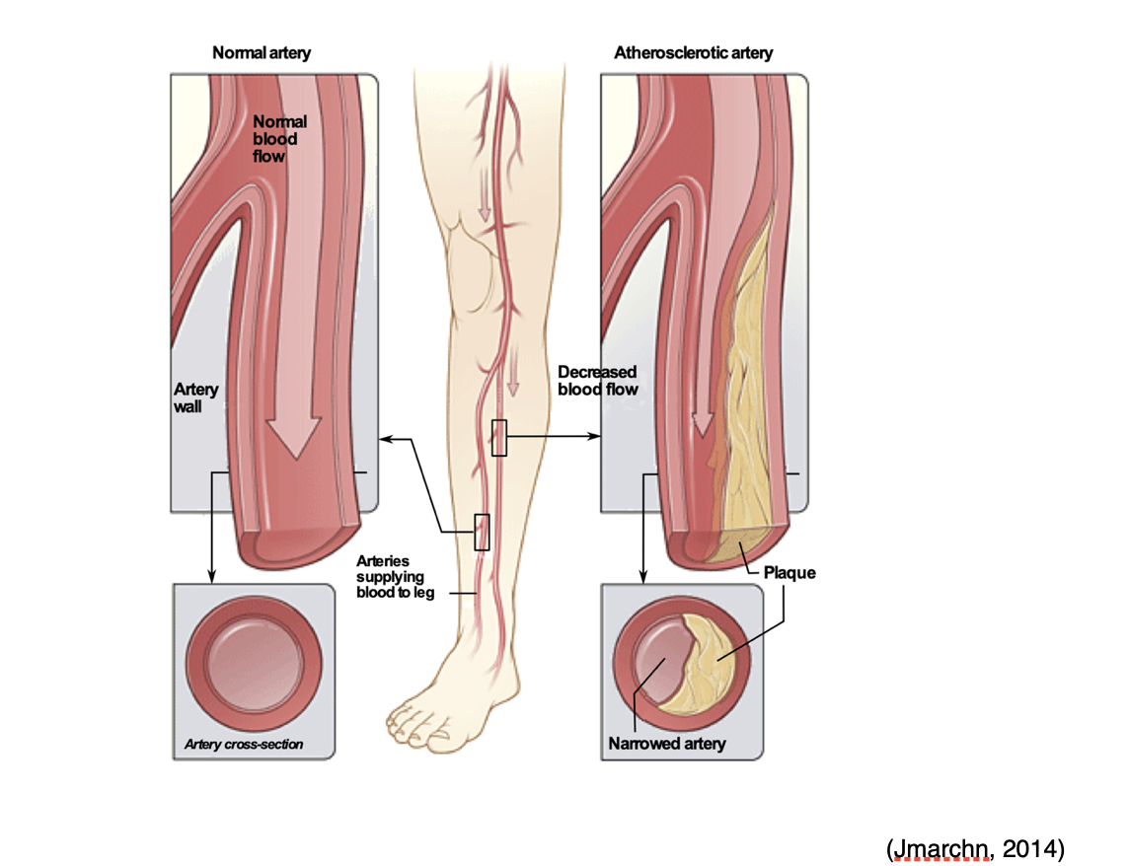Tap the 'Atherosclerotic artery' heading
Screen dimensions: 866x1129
click(694, 52)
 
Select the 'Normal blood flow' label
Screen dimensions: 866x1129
click(280, 138)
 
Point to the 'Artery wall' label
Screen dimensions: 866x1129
click(196, 397)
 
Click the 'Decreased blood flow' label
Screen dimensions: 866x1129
click(597, 380)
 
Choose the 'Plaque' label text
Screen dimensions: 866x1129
click(790, 572)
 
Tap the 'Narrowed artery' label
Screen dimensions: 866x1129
click(667, 743)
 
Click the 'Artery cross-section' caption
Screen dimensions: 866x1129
click(244, 744)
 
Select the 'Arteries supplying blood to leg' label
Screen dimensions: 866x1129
click(396, 577)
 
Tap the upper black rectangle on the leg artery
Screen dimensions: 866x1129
click(499, 437)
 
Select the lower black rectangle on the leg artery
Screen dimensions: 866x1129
click(482, 532)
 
